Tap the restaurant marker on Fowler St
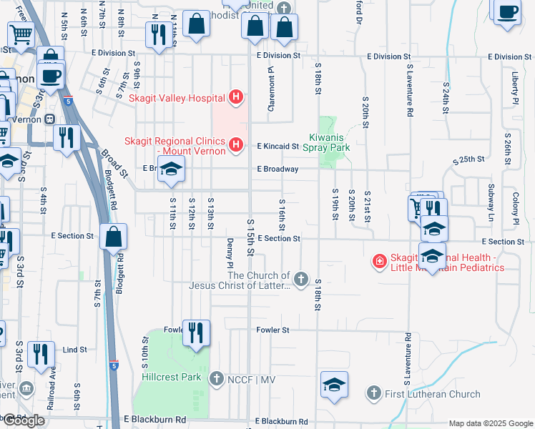click(x=196, y=333)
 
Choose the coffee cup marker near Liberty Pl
click(x=507, y=11)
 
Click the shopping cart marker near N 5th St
click(x=21, y=34)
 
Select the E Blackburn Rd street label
click(x=154, y=420)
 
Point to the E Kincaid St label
click(x=278, y=147)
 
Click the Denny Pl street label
click(x=230, y=254)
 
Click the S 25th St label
click(x=468, y=158)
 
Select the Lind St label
click(x=74, y=350)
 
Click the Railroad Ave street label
click(x=51, y=388)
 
